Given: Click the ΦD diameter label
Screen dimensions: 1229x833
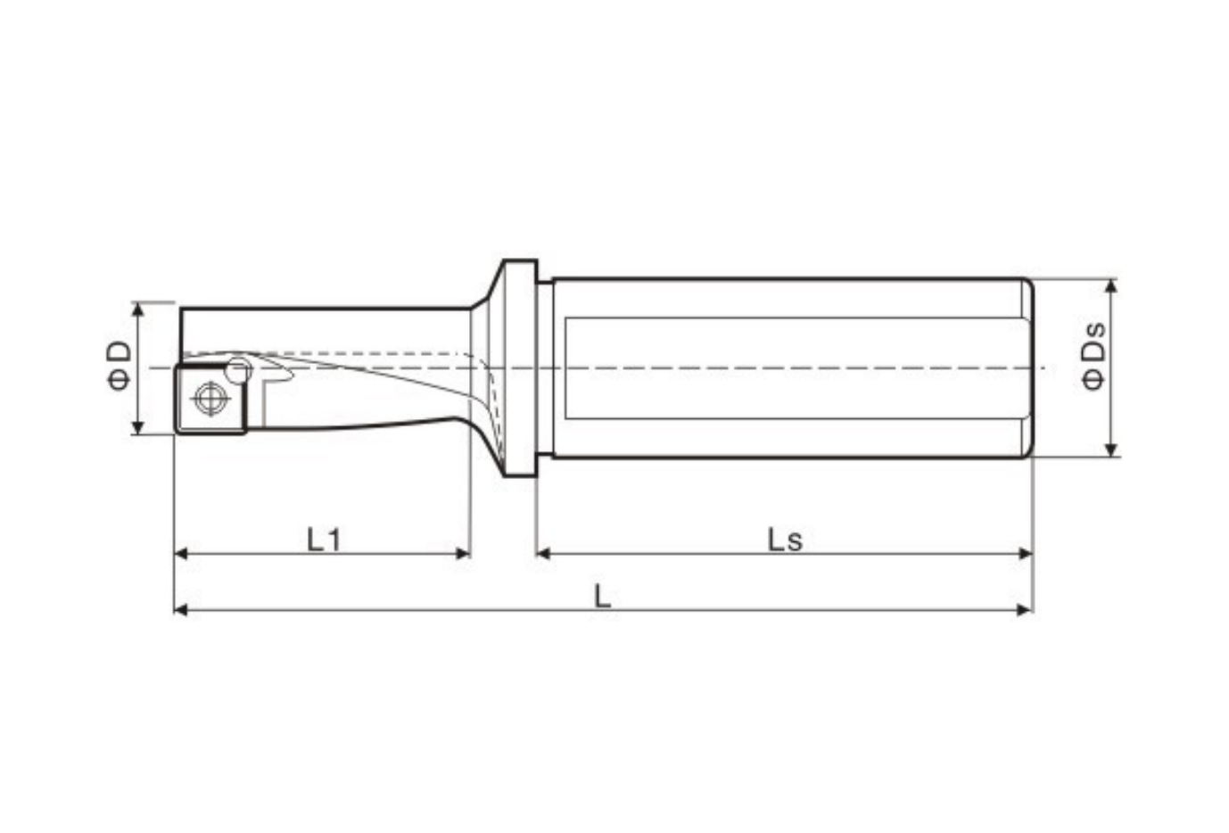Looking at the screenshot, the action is click(x=120, y=366).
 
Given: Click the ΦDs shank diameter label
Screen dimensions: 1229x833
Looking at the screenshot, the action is click(x=1093, y=356).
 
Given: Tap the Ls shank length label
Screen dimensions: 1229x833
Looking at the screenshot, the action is click(x=785, y=540).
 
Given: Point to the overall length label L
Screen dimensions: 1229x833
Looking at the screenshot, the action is click(x=602, y=596).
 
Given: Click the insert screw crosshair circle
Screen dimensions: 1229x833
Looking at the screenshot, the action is click(x=210, y=398).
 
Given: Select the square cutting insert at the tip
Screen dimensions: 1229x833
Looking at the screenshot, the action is click(x=210, y=399).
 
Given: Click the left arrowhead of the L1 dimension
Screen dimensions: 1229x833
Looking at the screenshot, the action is click(x=180, y=553).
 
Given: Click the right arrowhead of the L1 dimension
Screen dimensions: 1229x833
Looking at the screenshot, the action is click(x=464, y=553).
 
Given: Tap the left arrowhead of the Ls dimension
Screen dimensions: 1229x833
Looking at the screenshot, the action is click(x=542, y=553).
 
